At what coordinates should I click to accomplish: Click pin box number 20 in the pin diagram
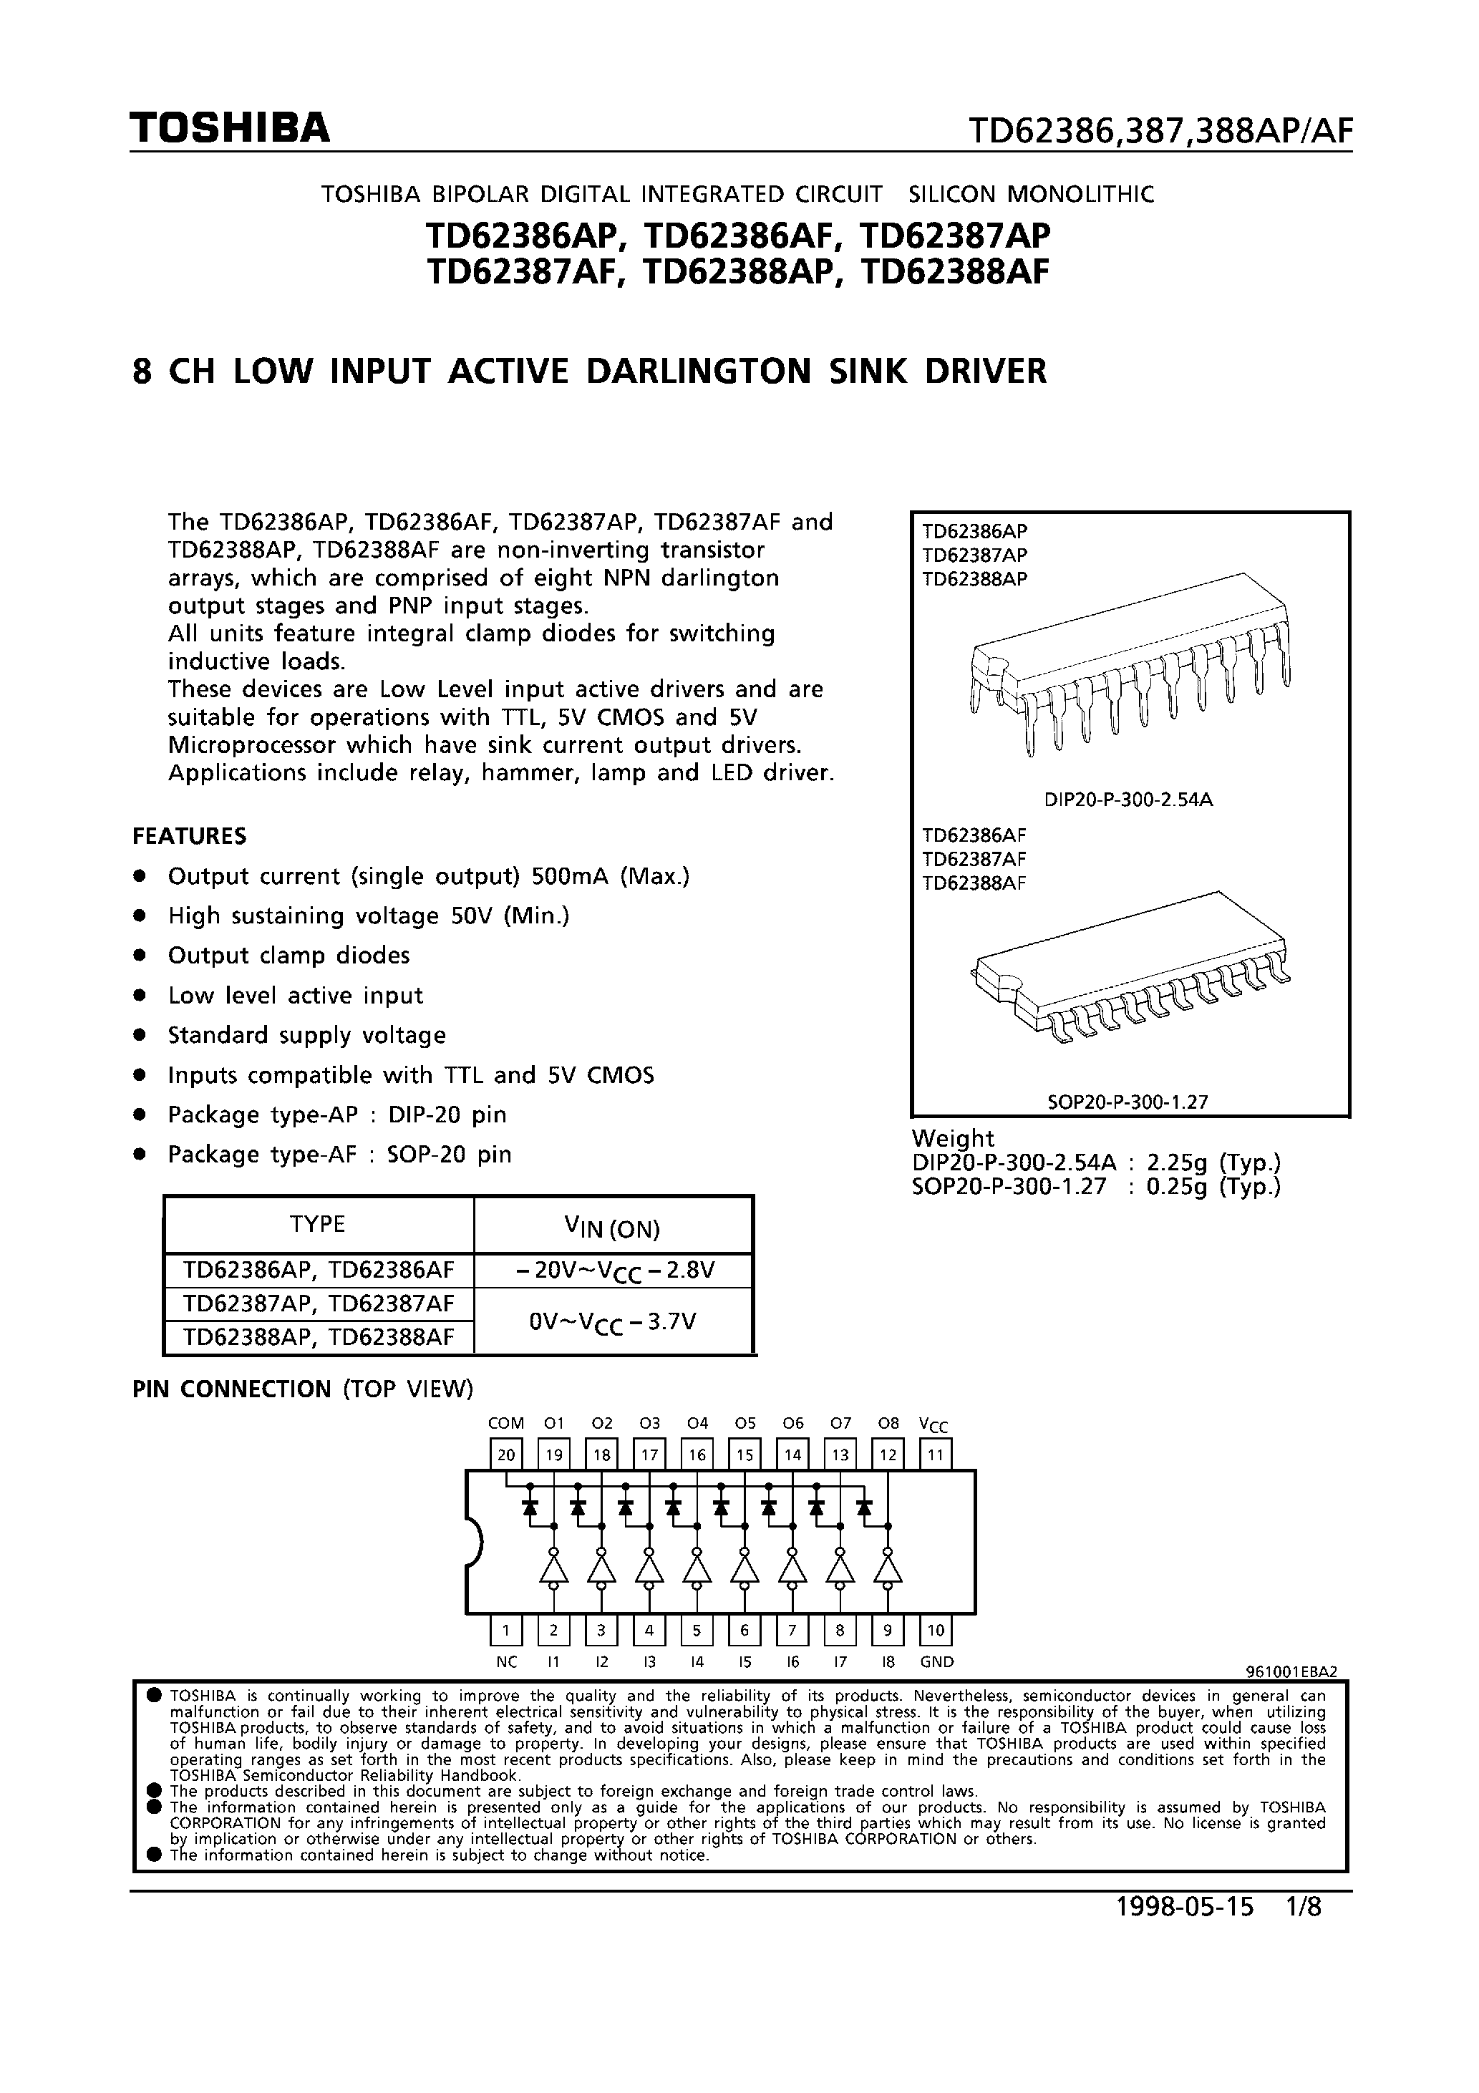coord(506,1455)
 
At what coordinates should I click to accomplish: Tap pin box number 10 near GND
coord(936,1629)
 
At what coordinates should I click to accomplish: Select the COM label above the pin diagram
coord(506,1423)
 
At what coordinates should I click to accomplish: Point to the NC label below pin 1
coord(506,1662)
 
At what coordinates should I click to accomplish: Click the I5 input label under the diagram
coord(745,1662)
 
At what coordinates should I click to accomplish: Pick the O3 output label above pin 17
coord(649,1423)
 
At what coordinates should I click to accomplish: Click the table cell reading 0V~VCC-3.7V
coord(613,1320)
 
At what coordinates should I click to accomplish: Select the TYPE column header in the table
coord(317,1224)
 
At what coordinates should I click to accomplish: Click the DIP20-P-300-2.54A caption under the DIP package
coord(1128,800)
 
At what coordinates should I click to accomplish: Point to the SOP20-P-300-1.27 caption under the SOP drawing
coord(1128,1101)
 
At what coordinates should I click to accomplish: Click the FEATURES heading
coord(190,836)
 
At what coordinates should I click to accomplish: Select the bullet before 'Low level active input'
coord(140,996)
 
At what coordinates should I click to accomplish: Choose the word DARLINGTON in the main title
coord(699,372)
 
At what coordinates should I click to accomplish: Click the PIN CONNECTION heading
coord(232,1389)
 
